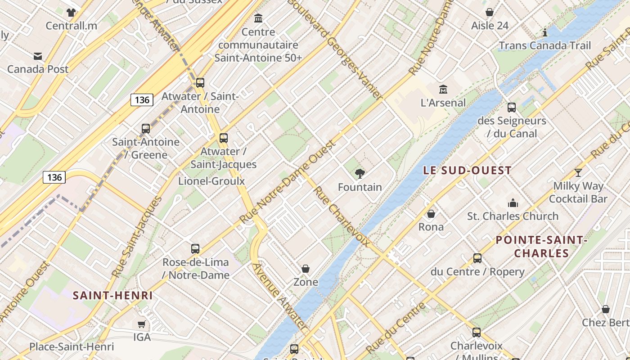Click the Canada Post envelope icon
pos(38,56)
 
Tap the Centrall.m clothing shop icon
pos(71,13)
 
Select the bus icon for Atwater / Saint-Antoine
pos(200,83)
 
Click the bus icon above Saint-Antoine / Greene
pos(146,129)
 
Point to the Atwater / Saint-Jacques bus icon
pos(224,138)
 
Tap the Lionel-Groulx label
pos(211,181)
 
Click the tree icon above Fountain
pos(360,174)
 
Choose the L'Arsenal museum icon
pos(443,90)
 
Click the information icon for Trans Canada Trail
pos(545,33)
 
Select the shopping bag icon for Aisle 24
pos(490,13)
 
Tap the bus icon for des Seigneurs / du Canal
pos(512,108)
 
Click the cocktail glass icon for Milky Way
pos(578,173)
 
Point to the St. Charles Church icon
pos(513,203)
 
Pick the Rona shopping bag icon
pos(431,214)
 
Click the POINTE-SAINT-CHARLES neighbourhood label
pos(541,247)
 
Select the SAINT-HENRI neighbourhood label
pos(112,296)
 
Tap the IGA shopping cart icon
pos(142,324)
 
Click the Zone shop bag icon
pos(306,269)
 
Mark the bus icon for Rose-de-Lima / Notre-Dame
pos(195,249)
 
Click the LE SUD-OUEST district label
pos(468,171)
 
